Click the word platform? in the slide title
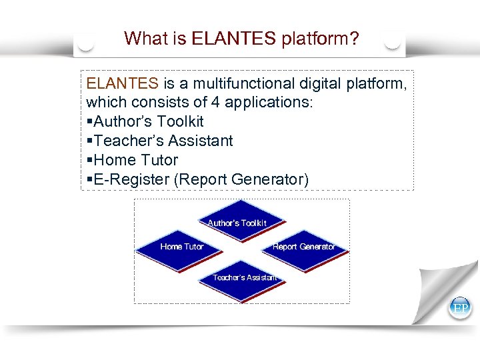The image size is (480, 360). click(320, 39)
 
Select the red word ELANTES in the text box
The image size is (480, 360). click(122, 84)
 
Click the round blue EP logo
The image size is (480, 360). click(460, 308)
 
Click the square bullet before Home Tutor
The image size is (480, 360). click(89, 161)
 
